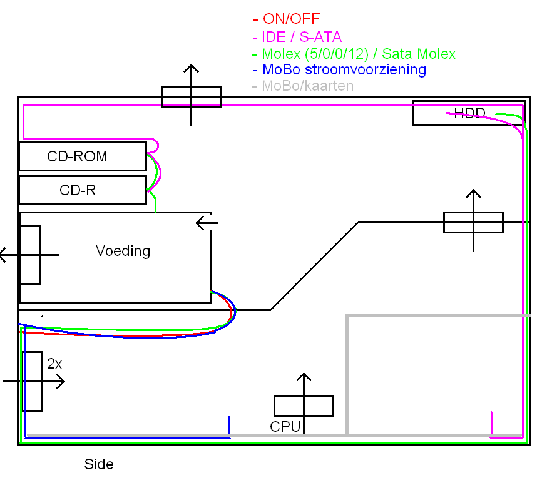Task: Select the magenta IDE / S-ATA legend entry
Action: [x=297, y=36]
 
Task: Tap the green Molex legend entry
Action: [x=354, y=53]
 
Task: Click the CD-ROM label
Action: [x=77, y=156]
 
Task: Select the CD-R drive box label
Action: [x=78, y=190]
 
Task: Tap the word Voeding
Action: [x=123, y=251]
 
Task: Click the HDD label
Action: [x=469, y=113]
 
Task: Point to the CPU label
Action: [x=285, y=427]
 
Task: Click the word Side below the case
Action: [x=99, y=464]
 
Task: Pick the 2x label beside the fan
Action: [x=54, y=362]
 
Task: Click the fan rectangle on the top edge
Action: [x=191, y=97]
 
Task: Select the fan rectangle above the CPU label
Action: [x=304, y=406]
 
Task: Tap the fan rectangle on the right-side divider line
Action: [x=473, y=222]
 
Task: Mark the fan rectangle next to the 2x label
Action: [x=32, y=381]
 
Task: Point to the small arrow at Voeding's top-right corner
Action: [x=206, y=222]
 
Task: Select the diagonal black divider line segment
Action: [x=314, y=265]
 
